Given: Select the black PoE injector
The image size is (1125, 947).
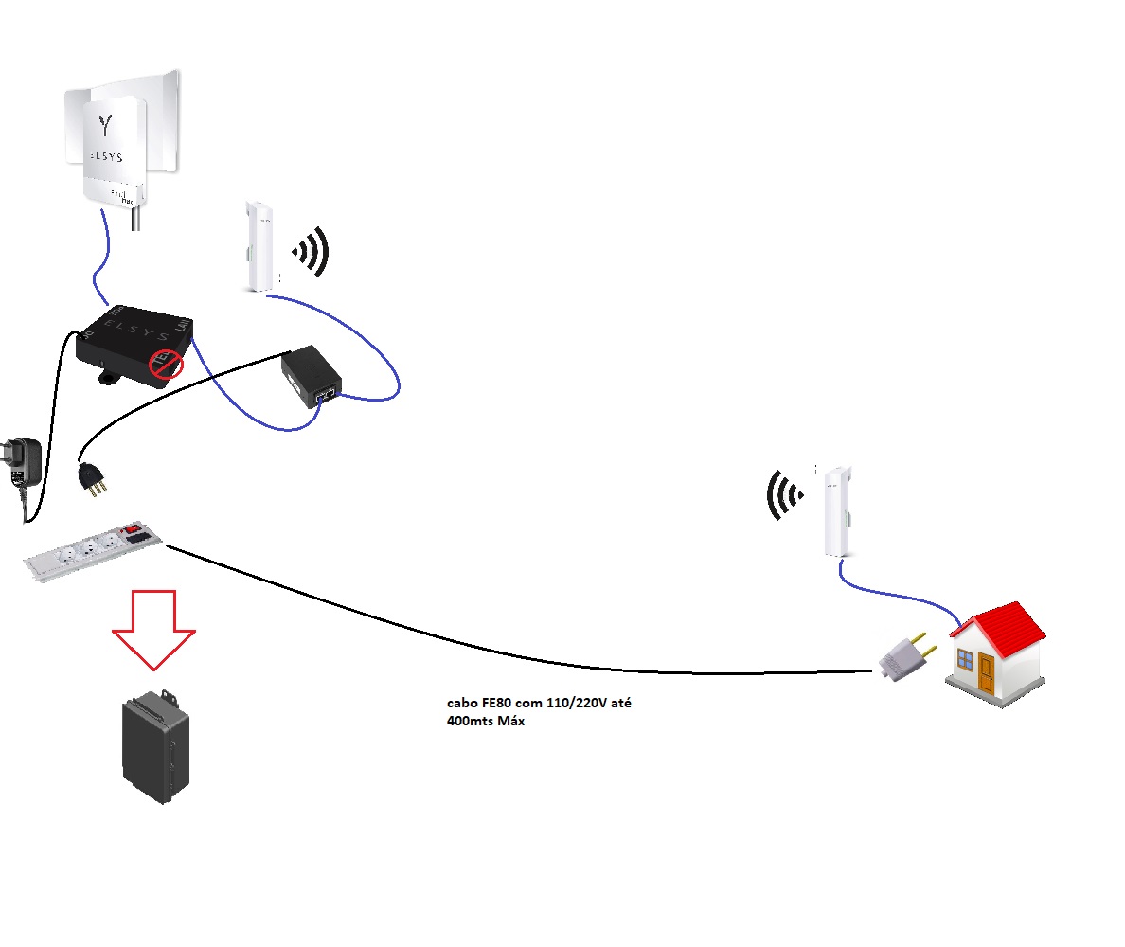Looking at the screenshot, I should [312, 376].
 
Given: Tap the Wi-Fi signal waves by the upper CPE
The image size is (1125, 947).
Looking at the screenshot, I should [312, 253].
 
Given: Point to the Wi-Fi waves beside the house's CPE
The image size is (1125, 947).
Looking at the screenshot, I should [785, 495].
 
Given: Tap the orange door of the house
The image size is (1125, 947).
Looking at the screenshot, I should [987, 673].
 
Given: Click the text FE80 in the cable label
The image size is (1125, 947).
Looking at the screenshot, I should [497, 705].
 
